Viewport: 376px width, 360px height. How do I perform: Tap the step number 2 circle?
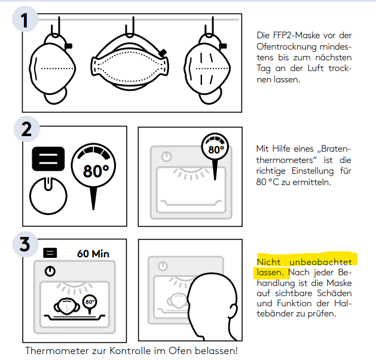26,131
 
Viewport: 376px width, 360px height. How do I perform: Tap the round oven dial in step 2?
48,195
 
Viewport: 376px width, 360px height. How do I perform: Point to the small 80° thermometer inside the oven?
90,303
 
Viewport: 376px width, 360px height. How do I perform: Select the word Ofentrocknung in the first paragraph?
285,46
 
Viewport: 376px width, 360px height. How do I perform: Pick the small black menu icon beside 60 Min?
50,253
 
